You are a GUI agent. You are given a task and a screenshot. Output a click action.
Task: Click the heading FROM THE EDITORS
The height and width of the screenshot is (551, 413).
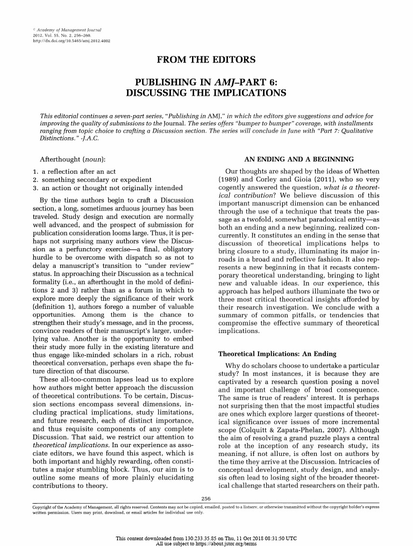pos(206,59)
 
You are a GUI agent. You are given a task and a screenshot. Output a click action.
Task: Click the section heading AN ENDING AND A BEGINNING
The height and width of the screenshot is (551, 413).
pos(299,159)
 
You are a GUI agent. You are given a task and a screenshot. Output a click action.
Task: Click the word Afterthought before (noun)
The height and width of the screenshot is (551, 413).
pos(61,160)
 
